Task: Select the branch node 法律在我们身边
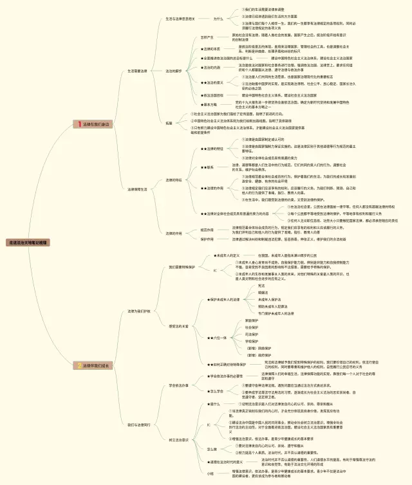tap(97, 124)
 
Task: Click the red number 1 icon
tap(79, 124)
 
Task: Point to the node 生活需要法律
tap(137, 71)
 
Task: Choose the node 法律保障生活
tap(137, 189)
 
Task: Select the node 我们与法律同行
tap(138, 425)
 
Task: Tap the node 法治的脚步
tap(174, 71)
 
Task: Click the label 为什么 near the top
tap(219, 19)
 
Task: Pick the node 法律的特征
tap(174, 180)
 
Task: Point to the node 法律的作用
tap(174, 233)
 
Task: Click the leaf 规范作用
tap(207, 229)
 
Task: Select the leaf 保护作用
tap(207, 239)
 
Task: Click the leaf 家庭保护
tap(252, 320)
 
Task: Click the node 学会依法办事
tap(178, 385)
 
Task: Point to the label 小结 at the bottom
tap(210, 473)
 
